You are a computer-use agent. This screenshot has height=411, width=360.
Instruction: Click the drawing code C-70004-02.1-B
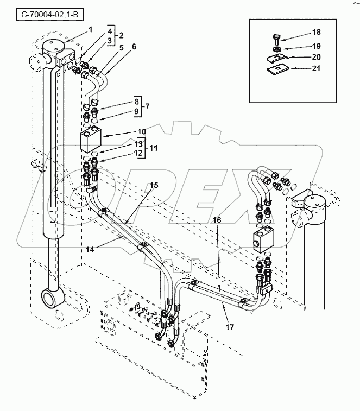click(49, 15)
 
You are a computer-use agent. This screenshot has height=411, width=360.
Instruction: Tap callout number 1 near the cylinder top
click(91, 30)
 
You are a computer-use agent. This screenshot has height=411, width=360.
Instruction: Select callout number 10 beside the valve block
click(142, 131)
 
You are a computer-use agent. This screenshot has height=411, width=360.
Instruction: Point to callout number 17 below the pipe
click(230, 327)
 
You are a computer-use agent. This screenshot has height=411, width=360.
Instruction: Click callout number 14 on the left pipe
click(90, 250)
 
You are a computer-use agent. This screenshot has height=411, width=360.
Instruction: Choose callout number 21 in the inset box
click(316, 68)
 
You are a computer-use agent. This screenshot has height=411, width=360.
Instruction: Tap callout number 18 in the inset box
click(317, 32)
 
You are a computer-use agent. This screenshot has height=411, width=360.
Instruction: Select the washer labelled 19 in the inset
click(277, 49)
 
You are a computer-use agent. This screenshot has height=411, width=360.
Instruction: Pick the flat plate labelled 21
click(277, 69)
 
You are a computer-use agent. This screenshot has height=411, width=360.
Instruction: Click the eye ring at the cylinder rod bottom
click(53, 298)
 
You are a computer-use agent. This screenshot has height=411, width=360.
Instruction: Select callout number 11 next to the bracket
click(153, 148)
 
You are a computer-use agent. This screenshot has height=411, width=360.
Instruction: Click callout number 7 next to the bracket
click(147, 106)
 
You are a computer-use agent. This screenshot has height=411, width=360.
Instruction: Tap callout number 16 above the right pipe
click(217, 220)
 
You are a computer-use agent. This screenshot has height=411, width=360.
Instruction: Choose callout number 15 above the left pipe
click(154, 185)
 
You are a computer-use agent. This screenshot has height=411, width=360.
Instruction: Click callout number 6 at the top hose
click(134, 46)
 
